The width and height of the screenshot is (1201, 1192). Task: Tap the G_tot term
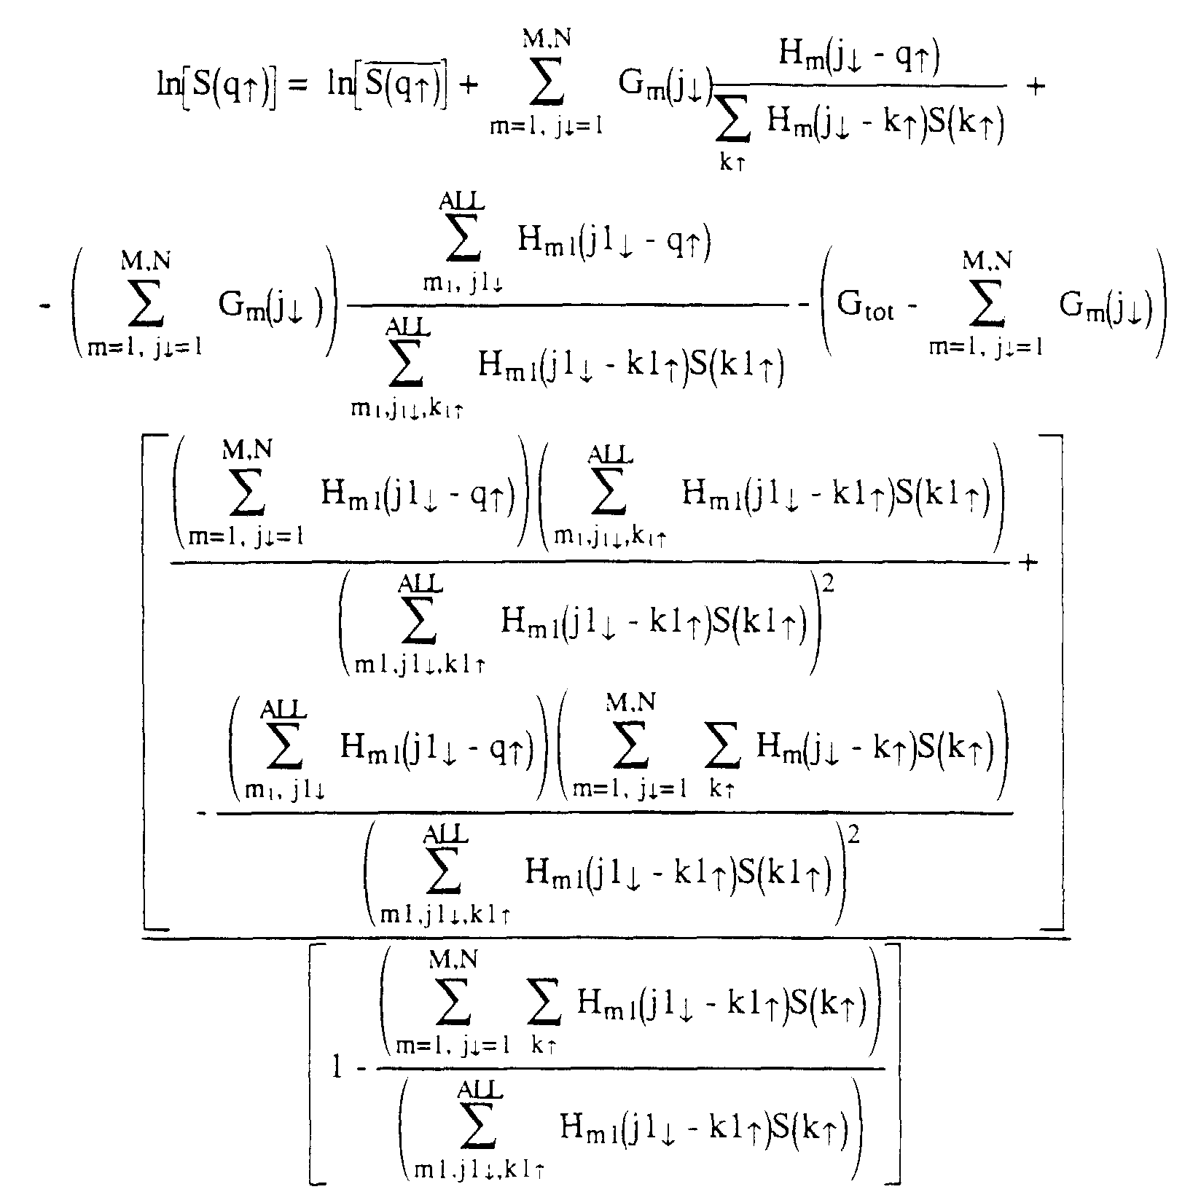click(x=866, y=305)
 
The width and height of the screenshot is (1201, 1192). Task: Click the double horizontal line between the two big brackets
click(x=606, y=938)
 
